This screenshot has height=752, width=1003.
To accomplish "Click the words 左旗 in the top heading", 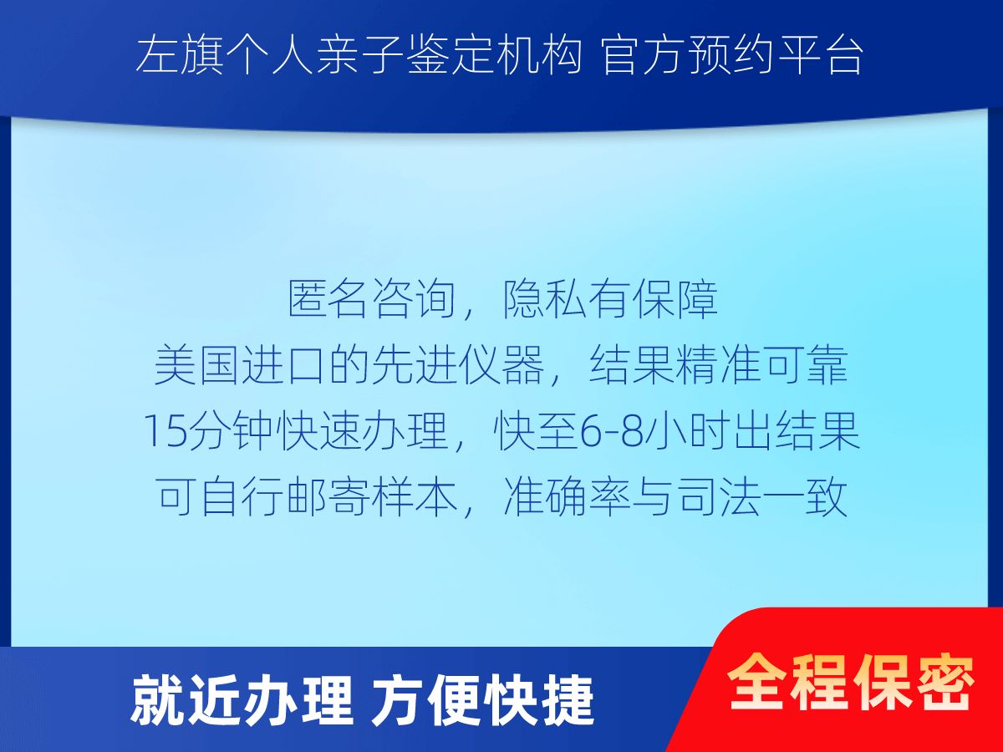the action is coord(180,56).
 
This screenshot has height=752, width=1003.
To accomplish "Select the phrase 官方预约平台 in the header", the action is coord(732,56).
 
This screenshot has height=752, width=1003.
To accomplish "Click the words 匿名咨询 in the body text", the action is coord(372,299).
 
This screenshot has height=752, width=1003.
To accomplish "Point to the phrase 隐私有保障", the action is coord(610,299).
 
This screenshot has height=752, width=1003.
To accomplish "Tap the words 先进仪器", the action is coord(457,365).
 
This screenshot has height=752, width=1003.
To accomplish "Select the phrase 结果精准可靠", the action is coord(719,365).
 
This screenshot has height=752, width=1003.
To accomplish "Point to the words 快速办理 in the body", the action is coord(363,431).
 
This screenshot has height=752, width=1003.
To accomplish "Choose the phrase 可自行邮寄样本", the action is coord(307,497).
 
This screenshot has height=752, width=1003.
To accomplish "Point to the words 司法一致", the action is coord(762,497).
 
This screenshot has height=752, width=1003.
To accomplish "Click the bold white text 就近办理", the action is coord(242,701).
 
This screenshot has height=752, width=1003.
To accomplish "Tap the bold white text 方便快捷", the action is coord(483,701).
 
